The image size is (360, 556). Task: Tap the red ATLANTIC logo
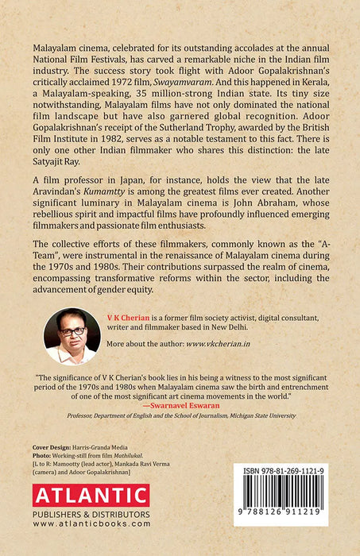coord(91,497)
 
